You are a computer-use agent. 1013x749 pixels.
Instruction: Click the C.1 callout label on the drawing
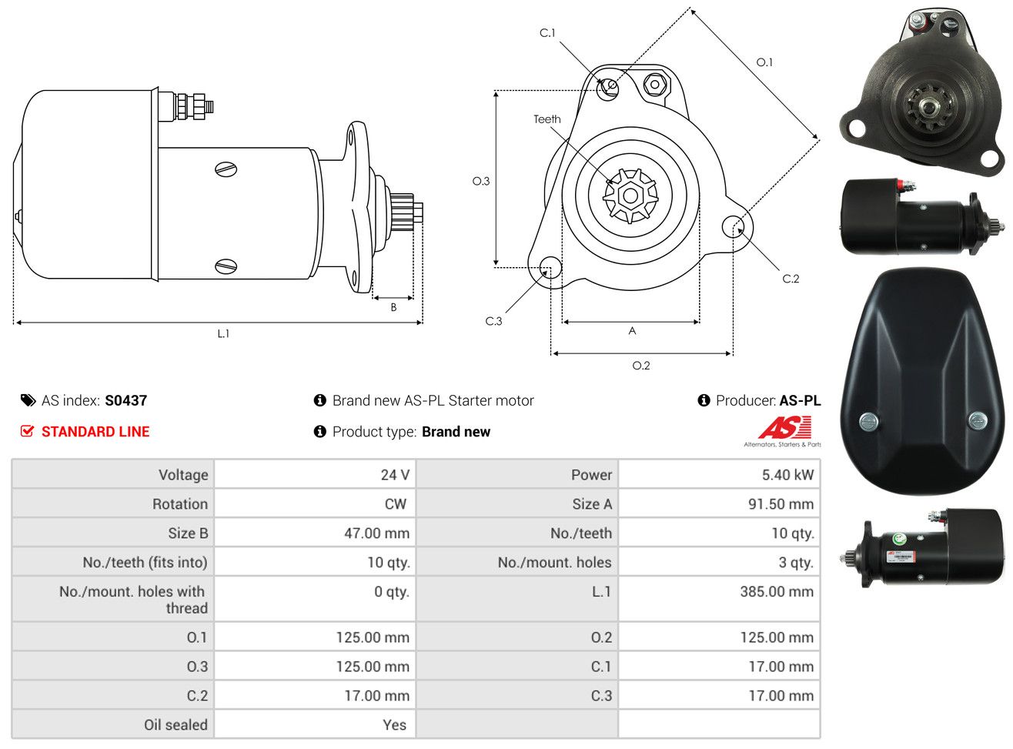(547, 33)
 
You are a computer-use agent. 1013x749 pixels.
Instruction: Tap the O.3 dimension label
(481, 182)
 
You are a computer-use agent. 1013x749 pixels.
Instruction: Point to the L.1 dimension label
(223, 334)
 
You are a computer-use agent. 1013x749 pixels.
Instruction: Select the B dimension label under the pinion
(393, 307)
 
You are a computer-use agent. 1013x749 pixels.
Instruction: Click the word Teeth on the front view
(547, 119)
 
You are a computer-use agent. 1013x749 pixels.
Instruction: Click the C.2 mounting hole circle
(733, 226)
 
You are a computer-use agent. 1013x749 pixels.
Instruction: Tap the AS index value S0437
(126, 400)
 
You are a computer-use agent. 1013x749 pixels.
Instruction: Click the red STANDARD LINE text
(95, 432)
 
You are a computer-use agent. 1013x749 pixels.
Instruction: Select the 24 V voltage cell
(395, 475)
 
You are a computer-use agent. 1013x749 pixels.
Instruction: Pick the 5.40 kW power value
(787, 475)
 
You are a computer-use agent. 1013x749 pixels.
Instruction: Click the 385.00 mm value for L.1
(777, 591)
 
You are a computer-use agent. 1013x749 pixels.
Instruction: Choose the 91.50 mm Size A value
(781, 503)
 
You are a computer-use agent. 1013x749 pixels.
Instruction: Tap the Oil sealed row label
(176, 725)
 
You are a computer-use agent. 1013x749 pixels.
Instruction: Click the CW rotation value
(396, 503)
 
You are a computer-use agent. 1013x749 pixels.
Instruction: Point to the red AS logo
(784, 427)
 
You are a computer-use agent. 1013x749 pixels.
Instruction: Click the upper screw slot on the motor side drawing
(226, 169)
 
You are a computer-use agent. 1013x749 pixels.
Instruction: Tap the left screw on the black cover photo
(869, 421)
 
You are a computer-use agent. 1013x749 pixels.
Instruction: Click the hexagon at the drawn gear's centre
(630, 196)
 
